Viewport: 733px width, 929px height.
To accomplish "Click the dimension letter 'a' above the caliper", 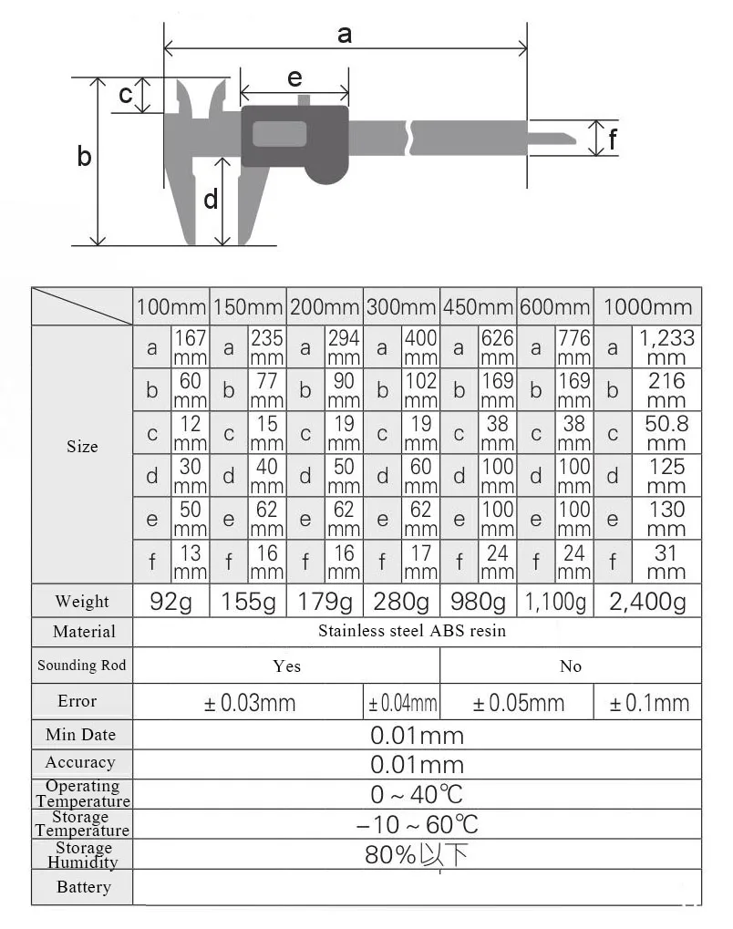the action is coord(345,35).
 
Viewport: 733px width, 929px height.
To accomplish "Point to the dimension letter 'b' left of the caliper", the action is coord(84,156).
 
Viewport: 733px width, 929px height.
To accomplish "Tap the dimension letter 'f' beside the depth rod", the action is coord(612,139).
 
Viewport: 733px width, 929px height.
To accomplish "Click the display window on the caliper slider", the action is coord(279,134).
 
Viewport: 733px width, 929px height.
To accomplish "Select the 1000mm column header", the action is coord(647,307).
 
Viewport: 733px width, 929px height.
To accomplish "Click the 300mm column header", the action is coord(401,307).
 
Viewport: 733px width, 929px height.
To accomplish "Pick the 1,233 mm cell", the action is coord(666,347).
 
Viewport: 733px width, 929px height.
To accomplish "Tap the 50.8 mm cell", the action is coord(666,433).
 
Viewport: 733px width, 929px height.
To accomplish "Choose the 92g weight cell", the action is coord(170,602).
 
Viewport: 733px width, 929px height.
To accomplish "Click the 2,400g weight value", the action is coord(647,602).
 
